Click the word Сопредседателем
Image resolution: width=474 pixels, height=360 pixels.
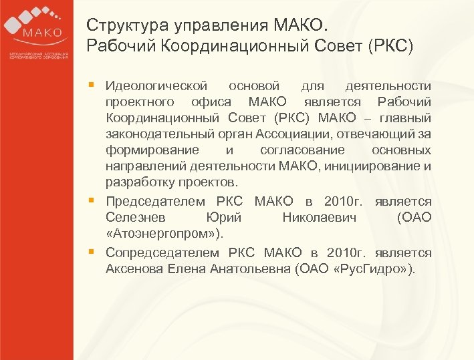coord(162,253)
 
